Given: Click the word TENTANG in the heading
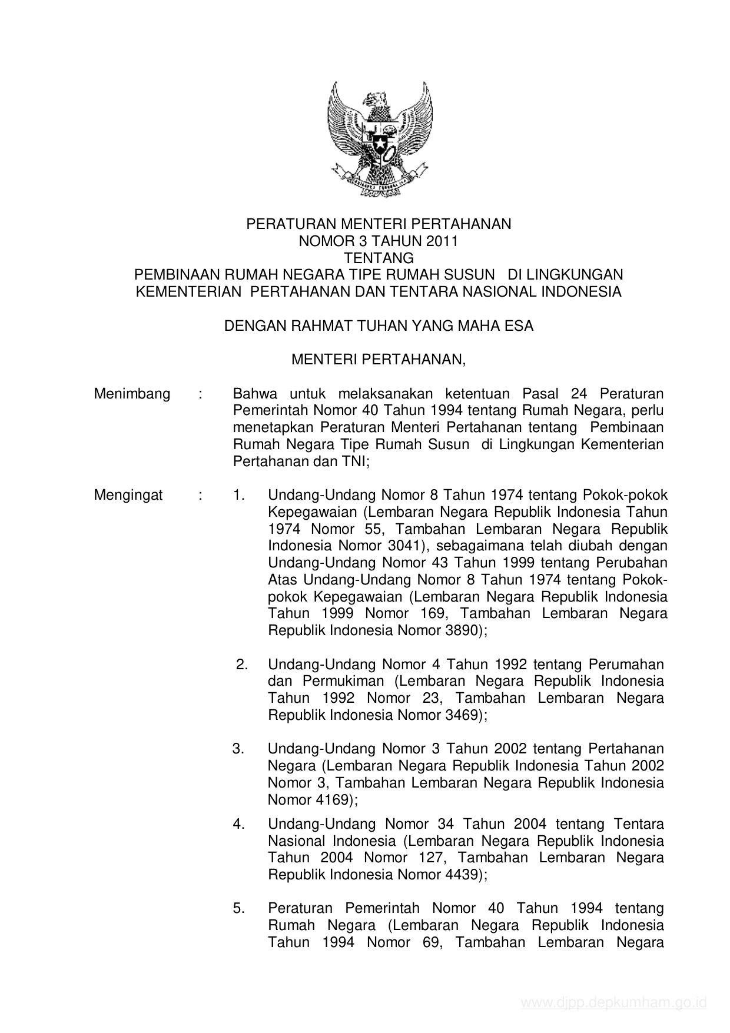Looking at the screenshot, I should click(379, 258).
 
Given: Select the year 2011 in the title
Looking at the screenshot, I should click(443, 241).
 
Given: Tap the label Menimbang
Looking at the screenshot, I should click(132, 394).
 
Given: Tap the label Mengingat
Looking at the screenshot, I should click(128, 495).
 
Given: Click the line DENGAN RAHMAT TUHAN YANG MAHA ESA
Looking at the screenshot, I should click(379, 325).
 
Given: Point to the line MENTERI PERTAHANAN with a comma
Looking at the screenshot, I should click(379, 360).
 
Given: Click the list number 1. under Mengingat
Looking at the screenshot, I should click(239, 495).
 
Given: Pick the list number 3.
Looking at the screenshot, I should click(238, 749).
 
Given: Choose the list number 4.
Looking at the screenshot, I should click(239, 824).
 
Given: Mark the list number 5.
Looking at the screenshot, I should click(239, 908).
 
